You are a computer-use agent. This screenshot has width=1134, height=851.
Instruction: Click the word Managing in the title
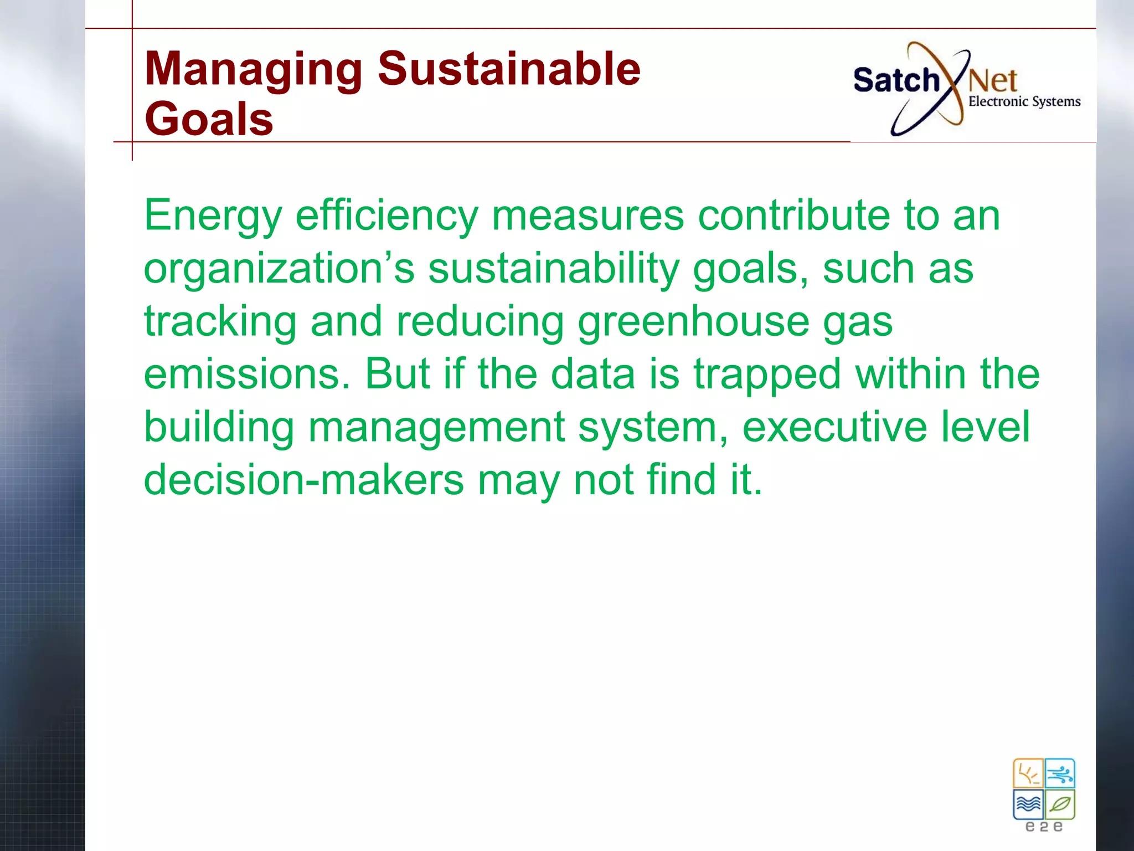click(253, 70)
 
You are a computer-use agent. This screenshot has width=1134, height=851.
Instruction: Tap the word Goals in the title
click(209, 119)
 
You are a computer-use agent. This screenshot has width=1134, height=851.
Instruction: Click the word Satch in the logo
click(896, 81)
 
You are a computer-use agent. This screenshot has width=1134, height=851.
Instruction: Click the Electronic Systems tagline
click(1024, 101)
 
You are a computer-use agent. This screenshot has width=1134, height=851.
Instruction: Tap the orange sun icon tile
click(1028, 773)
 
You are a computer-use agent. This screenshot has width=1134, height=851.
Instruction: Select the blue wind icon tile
click(1060, 773)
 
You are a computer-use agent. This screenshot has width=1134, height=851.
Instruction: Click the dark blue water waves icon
click(1028, 804)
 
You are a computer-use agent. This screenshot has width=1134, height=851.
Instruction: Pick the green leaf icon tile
click(1060, 804)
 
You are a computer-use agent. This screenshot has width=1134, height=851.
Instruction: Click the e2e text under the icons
click(1044, 827)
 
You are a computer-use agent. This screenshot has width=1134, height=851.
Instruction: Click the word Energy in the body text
click(213, 216)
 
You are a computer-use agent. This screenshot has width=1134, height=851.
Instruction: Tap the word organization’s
click(279, 269)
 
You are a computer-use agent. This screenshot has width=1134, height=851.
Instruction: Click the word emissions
click(247, 374)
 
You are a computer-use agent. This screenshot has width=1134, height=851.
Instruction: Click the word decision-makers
click(304, 480)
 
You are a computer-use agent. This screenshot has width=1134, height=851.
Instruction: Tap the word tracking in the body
click(220, 322)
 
